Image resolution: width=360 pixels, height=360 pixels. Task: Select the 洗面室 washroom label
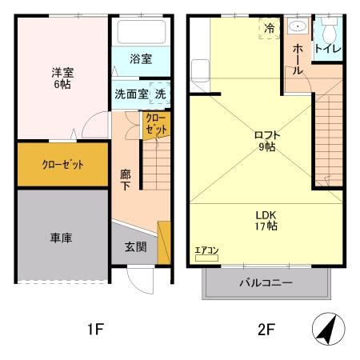(x=131, y=93)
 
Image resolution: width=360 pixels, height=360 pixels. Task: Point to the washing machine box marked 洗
(x=160, y=93)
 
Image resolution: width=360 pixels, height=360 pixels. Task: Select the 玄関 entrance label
(x=135, y=247)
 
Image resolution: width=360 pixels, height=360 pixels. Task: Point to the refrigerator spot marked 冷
(x=269, y=28)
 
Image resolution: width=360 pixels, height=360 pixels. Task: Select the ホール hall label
(x=298, y=59)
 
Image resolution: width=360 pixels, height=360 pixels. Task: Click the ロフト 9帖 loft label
(x=266, y=140)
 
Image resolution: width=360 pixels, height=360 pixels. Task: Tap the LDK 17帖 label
(x=266, y=220)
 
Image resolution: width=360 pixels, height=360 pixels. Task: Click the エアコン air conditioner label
(x=206, y=251)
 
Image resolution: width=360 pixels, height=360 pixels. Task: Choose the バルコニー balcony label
(x=266, y=283)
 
